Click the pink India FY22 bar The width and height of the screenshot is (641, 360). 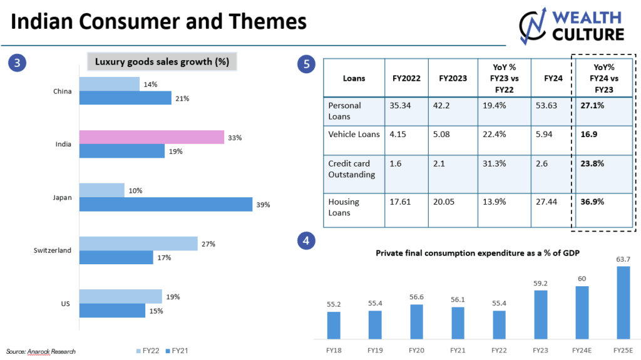(151, 137)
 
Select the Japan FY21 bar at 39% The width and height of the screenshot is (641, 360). (165, 204)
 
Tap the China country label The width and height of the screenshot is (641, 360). (63, 91)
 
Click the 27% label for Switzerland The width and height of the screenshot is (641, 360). (208, 244)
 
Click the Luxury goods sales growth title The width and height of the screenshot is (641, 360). (162, 62)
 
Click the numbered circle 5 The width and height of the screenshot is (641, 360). (307, 63)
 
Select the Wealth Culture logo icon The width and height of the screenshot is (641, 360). (534, 26)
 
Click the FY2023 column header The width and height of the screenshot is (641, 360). (452, 79)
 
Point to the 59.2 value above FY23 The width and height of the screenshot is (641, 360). (541, 282)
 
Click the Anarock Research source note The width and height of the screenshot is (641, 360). (41, 351)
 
